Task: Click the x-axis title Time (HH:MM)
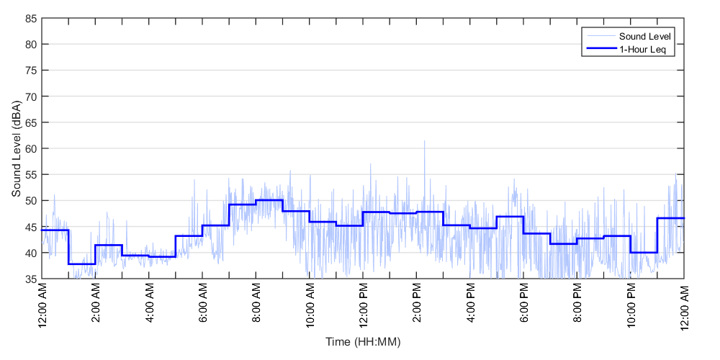coord(363,341)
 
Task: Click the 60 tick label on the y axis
coord(30,148)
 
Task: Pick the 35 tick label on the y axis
coord(30,279)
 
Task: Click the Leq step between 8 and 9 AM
coord(269,200)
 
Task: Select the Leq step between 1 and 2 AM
coord(82,264)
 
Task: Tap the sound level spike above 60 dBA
coord(424,142)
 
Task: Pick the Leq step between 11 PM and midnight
coord(670,218)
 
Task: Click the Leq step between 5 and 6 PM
coord(510,217)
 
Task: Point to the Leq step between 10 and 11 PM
coord(644,252)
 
